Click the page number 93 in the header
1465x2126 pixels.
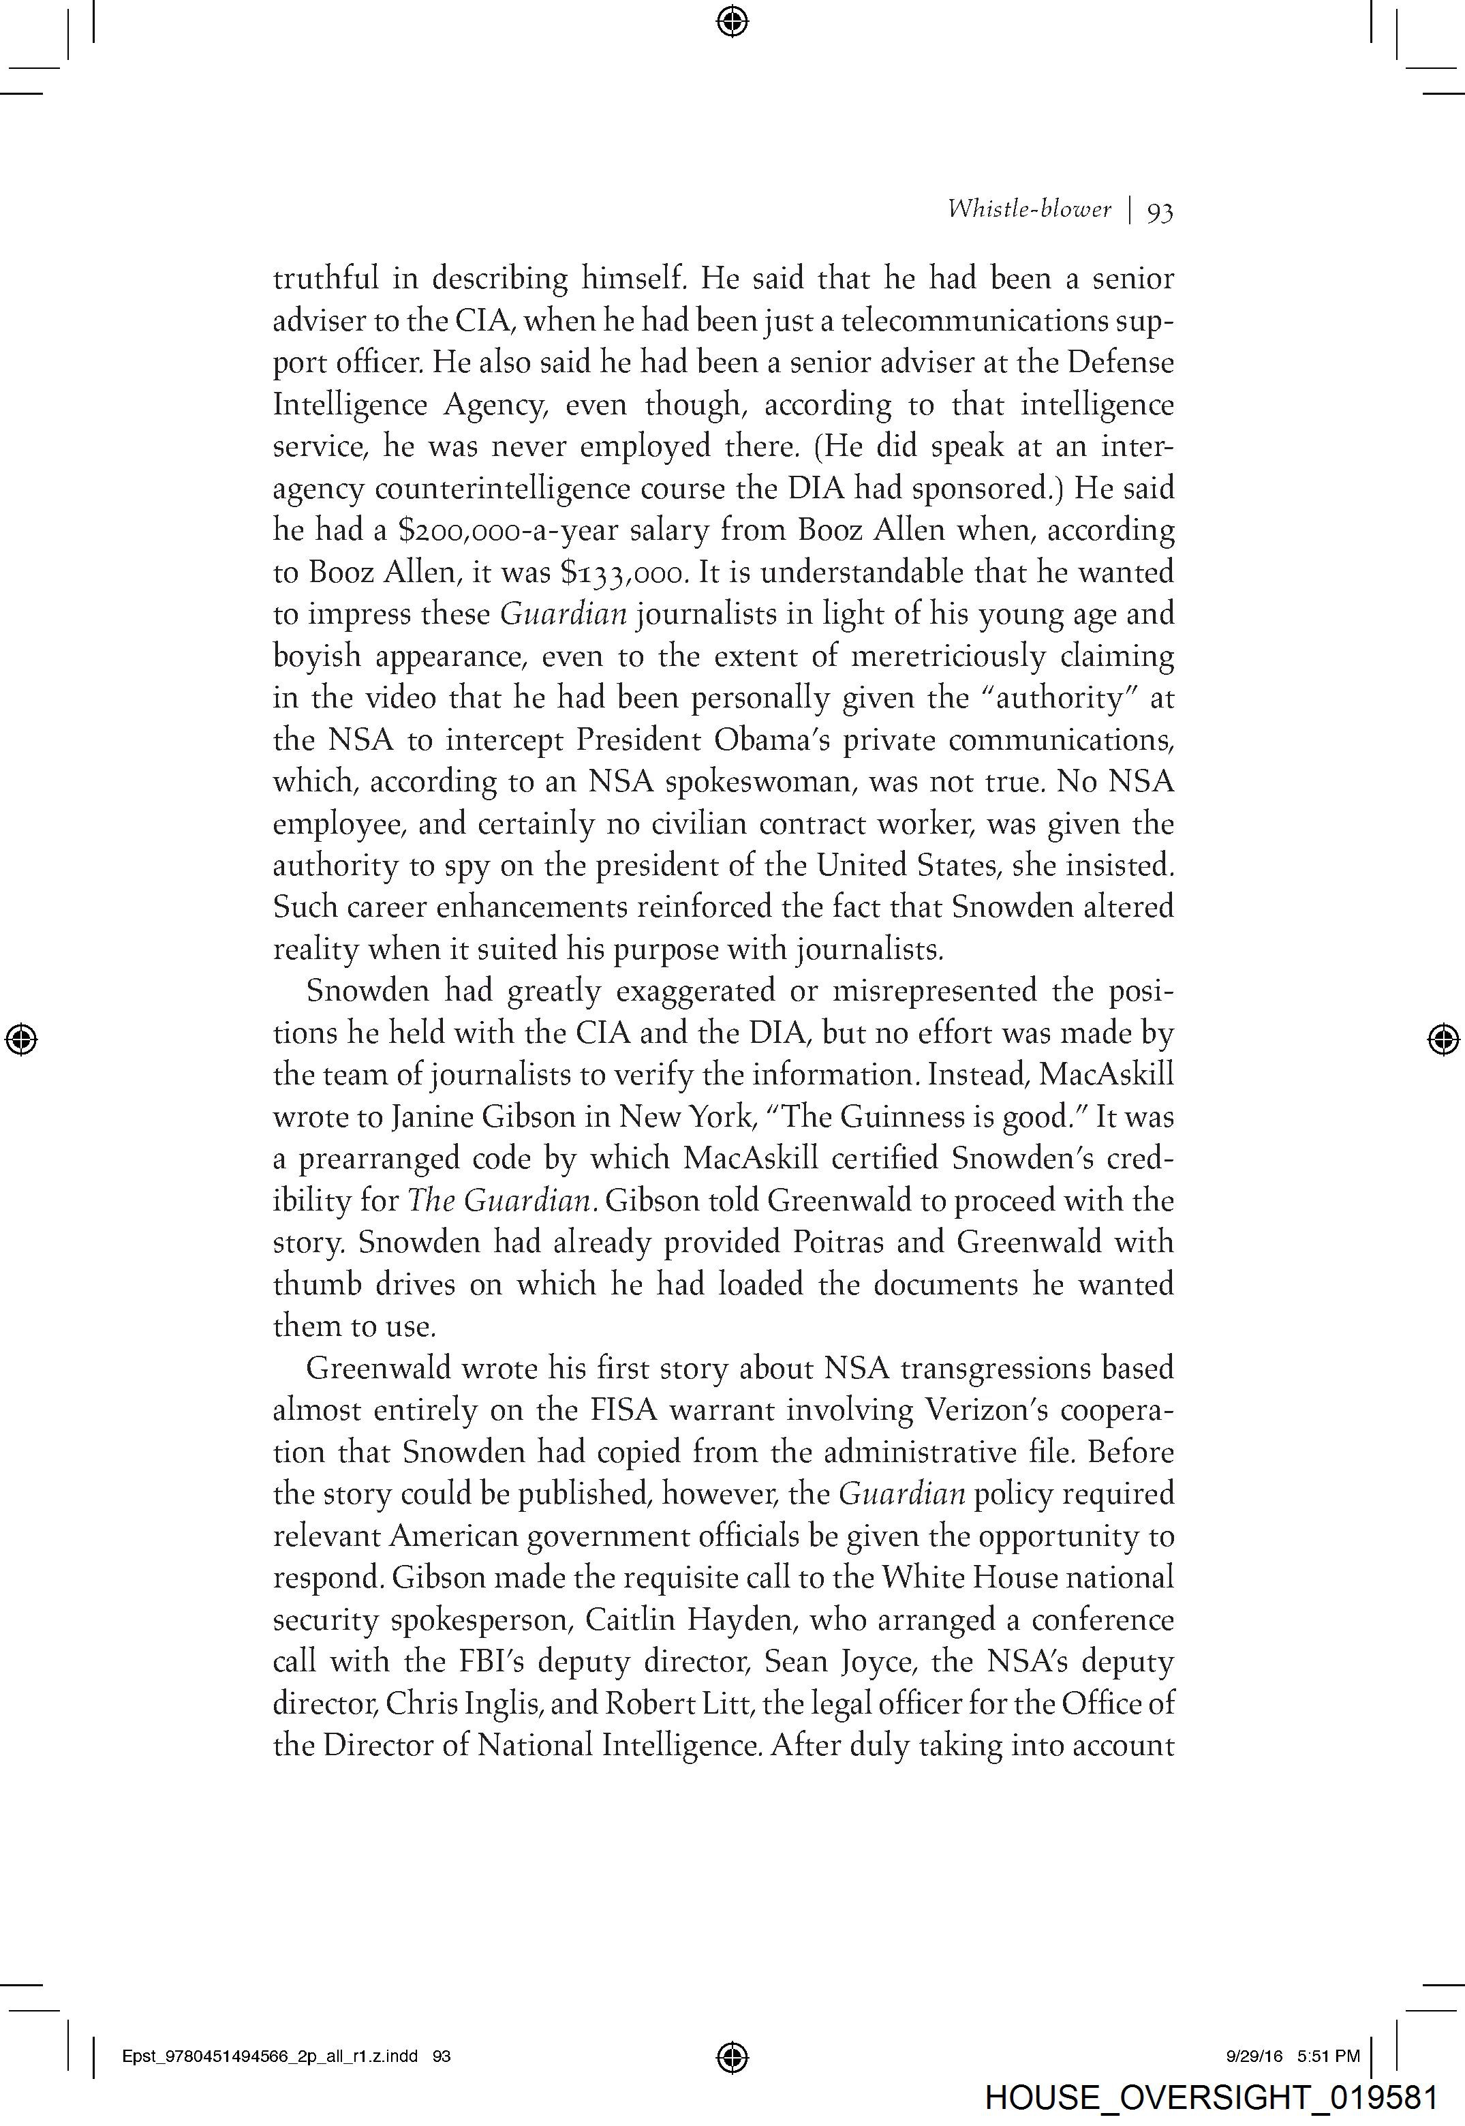[x=1159, y=212]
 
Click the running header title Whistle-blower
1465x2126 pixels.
[x=1028, y=209]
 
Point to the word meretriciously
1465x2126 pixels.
[x=949, y=656]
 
